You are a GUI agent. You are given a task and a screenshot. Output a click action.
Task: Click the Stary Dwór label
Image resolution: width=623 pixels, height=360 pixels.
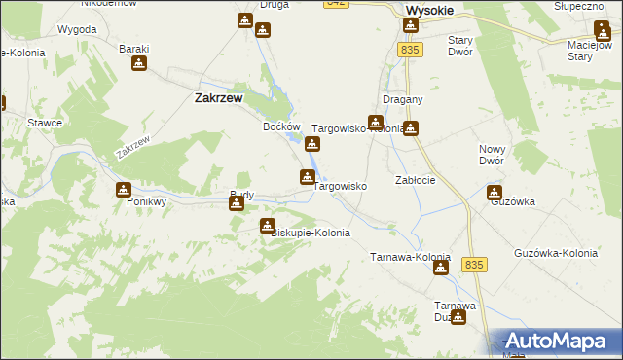tap(459, 46)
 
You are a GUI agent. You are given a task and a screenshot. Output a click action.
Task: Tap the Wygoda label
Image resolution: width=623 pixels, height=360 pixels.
tap(77, 29)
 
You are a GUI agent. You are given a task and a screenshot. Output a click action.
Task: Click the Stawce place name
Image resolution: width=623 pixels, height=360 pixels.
tap(46, 123)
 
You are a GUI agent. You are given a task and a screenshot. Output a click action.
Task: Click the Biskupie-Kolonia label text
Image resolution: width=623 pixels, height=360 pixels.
tap(309, 234)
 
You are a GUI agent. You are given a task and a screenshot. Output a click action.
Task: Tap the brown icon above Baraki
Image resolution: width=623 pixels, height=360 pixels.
tap(139, 64)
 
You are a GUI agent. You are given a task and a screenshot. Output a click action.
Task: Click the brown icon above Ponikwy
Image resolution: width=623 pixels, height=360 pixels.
tap(123, 190)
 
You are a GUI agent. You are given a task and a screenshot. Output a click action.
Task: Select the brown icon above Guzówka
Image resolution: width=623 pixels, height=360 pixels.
tap(495, 193)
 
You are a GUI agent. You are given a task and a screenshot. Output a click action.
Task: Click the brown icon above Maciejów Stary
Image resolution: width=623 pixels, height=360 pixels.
tap(602, 28)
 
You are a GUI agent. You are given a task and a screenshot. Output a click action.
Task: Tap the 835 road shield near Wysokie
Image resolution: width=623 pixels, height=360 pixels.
tap(410, 50)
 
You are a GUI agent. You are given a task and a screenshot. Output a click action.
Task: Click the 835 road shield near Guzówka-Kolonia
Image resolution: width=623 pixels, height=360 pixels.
tap(474, 264)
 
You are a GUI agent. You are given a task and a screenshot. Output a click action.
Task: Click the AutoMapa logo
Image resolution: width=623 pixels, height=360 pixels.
tap(559, 341)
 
